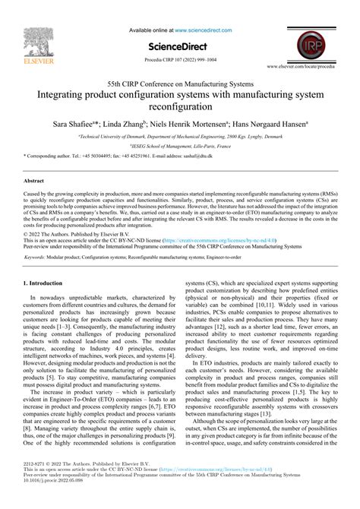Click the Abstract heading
(x=35, y=182)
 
